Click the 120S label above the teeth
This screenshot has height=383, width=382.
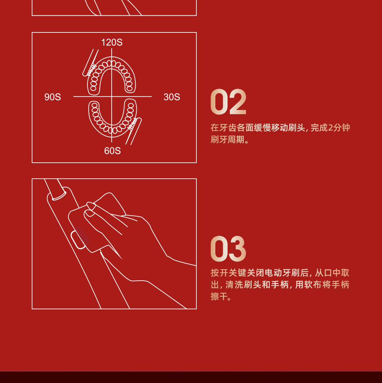point(112,42)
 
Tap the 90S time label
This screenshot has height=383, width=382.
point(53,97)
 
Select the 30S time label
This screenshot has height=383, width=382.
point(172,97)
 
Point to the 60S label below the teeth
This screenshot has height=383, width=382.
point(112,151)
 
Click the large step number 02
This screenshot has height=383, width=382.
point(228,102)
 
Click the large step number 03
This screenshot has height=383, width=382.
point(228,249)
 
